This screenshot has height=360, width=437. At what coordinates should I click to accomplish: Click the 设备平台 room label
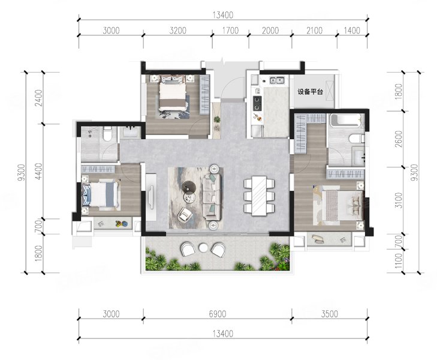click(310, 91)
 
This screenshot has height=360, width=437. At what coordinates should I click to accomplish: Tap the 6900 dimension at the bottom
click(218, 314)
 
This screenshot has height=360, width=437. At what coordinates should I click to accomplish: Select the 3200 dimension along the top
click(178, 30)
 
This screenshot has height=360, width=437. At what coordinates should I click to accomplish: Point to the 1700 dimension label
click(230, 30)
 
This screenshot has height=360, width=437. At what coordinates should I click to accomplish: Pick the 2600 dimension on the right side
click(399, 139)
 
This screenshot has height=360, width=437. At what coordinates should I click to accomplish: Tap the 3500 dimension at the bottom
click(330, 314)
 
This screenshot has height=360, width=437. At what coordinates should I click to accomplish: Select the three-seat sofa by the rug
click(212, 196)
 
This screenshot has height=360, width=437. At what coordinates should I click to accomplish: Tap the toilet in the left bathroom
click(107, 133)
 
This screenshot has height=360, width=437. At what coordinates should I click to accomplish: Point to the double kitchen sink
click(276, 80)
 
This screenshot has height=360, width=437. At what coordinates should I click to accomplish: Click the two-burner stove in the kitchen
click(257, 103)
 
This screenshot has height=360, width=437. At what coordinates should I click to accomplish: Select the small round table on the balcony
click(203, 247)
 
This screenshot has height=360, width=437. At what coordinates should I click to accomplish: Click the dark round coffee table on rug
click(188, 187)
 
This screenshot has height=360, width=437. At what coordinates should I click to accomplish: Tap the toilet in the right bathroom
click(357, 139)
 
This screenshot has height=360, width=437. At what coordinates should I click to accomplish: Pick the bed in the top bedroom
click(173, 93)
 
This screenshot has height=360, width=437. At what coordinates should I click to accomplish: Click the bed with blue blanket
click(101, 194)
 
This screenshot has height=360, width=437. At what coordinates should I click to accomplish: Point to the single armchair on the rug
click(185, 214)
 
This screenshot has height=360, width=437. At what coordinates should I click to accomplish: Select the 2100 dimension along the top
click(314, 30)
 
